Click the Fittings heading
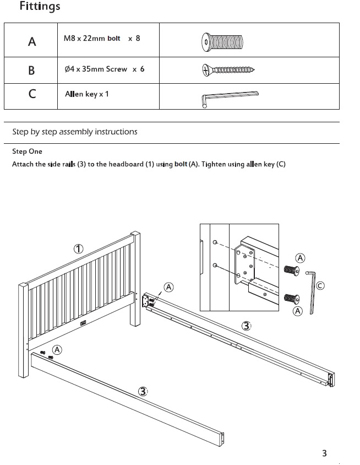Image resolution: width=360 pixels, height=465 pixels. (40, 7)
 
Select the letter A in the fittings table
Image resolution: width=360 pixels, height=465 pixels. (32, 41)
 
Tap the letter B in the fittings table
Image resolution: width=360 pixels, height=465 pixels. (31, 70)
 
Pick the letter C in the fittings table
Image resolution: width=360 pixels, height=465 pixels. (32, 94)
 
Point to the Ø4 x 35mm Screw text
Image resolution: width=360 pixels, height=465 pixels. (104, 69)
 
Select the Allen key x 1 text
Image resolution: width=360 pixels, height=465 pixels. (87, 94)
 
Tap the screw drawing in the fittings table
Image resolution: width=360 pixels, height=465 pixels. (226, 70)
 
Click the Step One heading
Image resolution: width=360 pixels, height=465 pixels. (27, 152)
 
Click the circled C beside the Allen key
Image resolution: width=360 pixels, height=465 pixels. (320, 285)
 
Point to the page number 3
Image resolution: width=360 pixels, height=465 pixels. (324, 453)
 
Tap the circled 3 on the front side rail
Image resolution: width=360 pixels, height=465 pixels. (143, 391)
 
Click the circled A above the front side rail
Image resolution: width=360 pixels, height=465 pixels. (57, 350)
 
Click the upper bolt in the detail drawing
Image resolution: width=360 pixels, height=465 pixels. (290, 271)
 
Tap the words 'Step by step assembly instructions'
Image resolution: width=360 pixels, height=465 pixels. (75, 132)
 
